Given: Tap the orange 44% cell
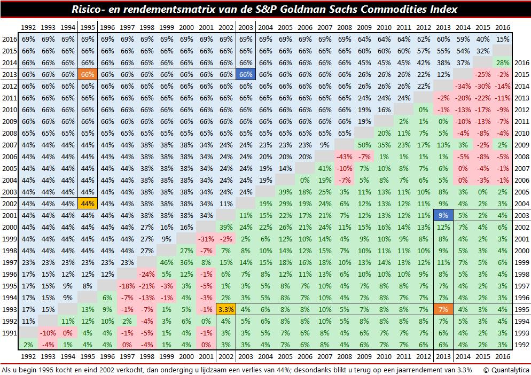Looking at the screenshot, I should point(89,203).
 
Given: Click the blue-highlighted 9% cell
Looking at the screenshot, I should point(442,216).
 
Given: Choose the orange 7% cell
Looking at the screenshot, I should point(442,308).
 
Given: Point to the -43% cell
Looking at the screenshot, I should point(345,157).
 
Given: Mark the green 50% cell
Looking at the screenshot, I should point(364,145).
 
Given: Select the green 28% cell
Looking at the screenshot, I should point(501,63).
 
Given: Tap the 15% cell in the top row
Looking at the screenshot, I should point(501,39).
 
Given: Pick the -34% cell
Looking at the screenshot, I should point(463,87).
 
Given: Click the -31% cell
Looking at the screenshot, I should point(206,239).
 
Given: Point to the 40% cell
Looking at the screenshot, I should point(482,39).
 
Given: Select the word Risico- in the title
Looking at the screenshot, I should point(91,10).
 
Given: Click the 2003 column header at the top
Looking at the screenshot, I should point(246,27).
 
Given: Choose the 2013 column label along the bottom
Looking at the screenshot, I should point(442,356).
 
